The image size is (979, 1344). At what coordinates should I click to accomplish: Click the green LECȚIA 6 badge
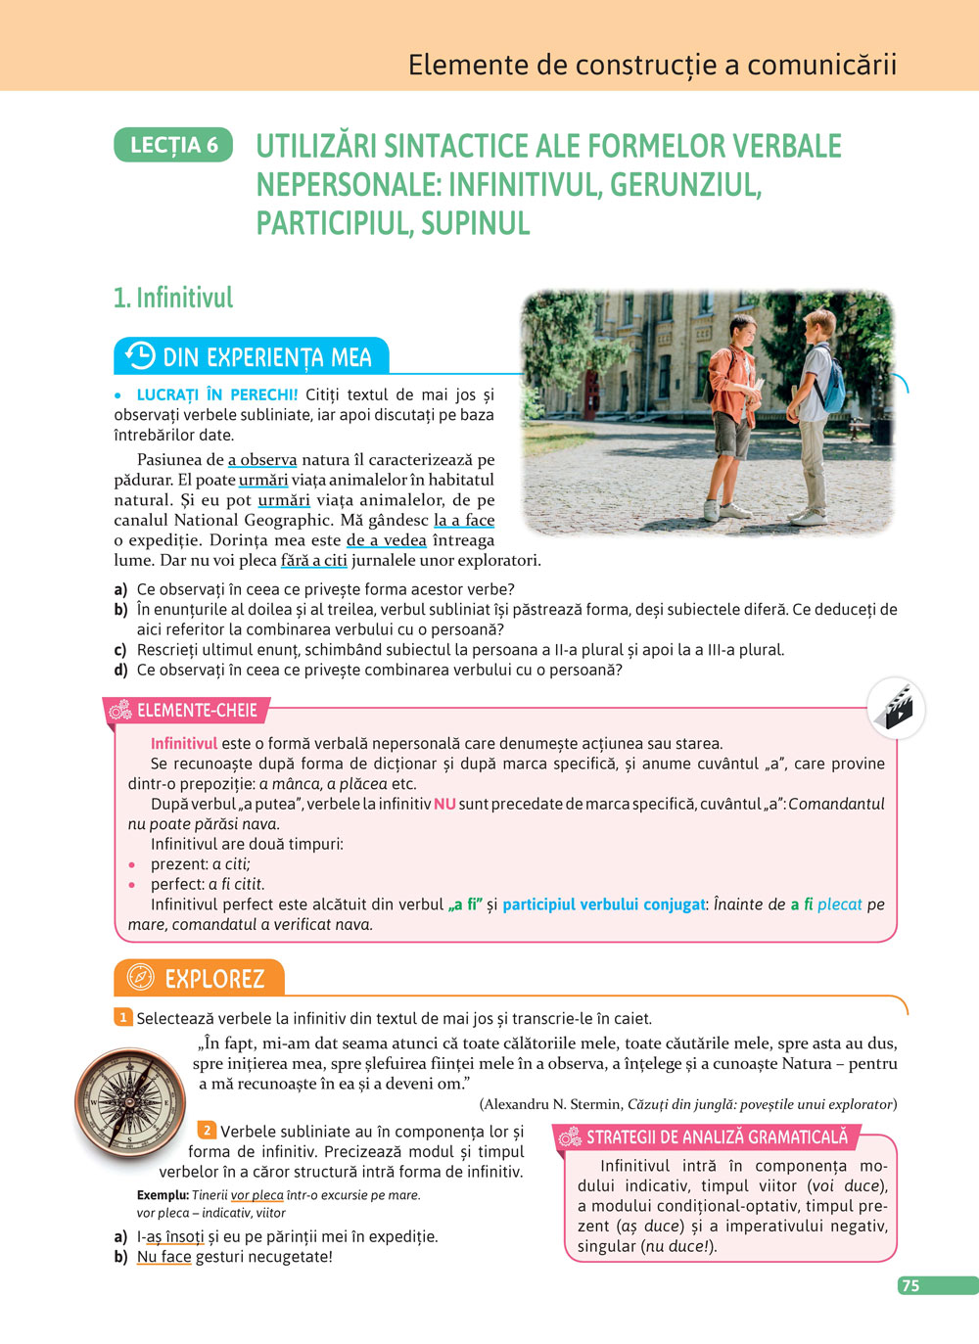[173, 145]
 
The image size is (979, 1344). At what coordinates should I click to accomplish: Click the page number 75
[911, 1285]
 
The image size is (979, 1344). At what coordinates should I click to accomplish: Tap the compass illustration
[129, 1102]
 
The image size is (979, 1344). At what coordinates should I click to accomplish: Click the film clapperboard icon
[896, 707]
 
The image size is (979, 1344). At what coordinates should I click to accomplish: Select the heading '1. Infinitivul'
[173, 298]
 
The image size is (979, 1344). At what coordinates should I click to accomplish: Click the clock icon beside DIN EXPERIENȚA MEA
[140, 355]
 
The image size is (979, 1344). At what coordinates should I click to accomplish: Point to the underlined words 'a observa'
[262, 459]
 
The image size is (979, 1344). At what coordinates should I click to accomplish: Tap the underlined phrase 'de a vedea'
[387, 539]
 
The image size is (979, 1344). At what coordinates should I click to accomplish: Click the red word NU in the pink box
[444, 804]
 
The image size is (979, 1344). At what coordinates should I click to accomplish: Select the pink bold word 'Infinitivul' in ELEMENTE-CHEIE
[184, 743]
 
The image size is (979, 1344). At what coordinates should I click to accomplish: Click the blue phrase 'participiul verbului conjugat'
[604, 904]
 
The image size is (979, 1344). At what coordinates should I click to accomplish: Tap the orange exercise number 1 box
[123, 1017]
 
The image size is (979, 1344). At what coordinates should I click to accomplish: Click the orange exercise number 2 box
[207, 1130]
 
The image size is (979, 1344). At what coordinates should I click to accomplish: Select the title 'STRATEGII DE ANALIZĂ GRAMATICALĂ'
[717, 1136]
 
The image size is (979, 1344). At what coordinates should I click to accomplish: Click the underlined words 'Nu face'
[164, 1256]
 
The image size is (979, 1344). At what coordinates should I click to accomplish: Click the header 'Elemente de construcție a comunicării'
[652, 65]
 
